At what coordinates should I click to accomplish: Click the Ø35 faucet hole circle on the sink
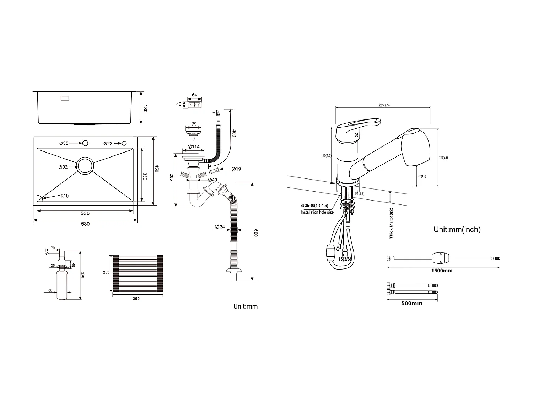pos(85,143)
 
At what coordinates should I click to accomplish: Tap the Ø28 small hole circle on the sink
pos(124,143)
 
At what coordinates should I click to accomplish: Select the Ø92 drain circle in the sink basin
pos(85,166)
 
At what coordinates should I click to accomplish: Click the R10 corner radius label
pos(64,196)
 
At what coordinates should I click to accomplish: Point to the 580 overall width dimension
pos(85,224)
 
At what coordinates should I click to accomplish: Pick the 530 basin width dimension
pos(85,213)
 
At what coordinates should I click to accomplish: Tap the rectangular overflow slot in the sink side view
pos(65,98)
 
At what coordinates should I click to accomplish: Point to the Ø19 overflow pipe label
pos(236,169)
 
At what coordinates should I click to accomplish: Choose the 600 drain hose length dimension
pos(255,233)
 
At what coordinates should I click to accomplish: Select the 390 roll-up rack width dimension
pos(136,298)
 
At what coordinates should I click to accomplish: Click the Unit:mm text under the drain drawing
pos(245,306)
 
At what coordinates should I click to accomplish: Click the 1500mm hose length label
pos(442,270)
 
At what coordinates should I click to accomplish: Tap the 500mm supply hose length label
pos(411,303)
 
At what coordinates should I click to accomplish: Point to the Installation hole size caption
pos(317,212)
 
